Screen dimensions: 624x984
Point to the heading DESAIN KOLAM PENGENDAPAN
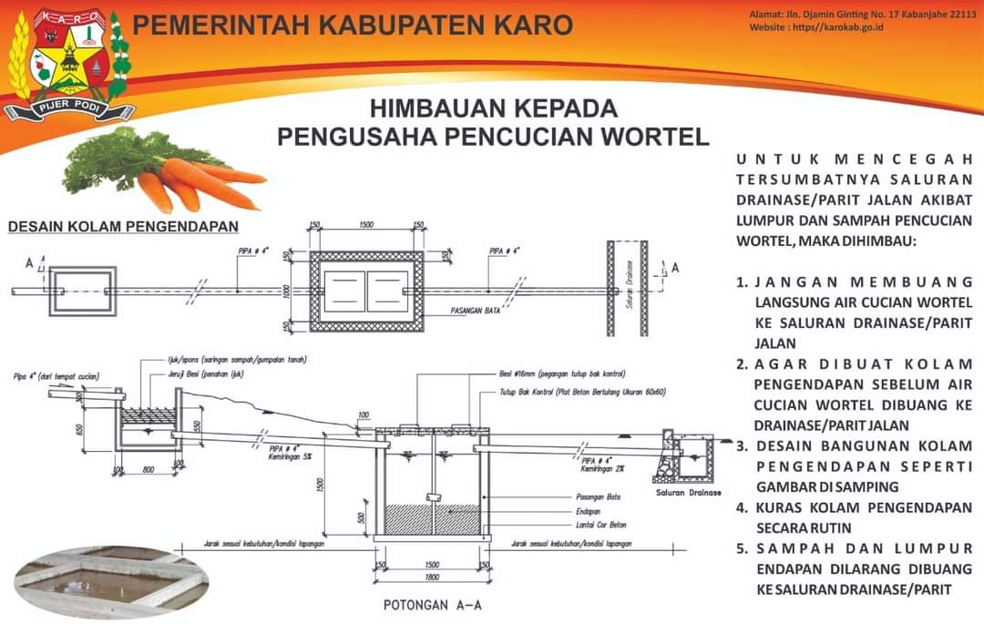click(123, 226)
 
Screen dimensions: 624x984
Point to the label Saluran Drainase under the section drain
click(688, 492)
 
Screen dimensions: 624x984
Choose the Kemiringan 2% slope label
click(601, 469)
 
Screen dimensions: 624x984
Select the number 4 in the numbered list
click(743, 507)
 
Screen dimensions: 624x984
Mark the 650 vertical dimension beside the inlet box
click(81, 430)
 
